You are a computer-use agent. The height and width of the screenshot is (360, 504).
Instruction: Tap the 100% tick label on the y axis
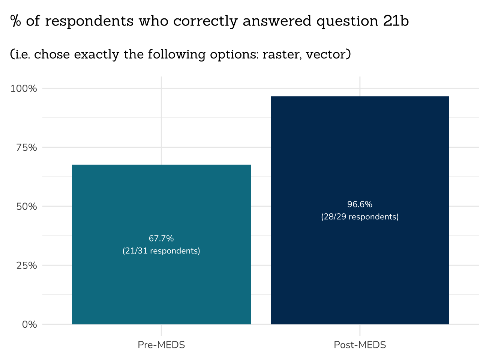(24, 88)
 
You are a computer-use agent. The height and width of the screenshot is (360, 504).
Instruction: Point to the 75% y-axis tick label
(26, 147)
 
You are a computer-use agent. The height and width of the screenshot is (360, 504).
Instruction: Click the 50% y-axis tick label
(26, 206)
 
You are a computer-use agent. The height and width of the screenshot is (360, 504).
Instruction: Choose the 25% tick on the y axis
(26, 265)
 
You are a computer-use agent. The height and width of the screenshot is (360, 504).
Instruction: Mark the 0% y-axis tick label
(29, 324)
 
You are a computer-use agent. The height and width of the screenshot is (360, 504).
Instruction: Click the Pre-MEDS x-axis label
(161, 345)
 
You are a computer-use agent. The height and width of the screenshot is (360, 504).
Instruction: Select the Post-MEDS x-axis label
(360, 345)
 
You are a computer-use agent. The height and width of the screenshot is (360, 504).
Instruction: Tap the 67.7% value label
(161, 238)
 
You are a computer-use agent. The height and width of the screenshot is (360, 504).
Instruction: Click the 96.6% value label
(360, 204)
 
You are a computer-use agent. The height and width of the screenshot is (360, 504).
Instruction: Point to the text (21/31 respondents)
(161, 251)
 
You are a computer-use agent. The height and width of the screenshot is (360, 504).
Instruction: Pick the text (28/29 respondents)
(360, 217)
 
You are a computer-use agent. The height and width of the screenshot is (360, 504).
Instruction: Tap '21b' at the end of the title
(396, 21)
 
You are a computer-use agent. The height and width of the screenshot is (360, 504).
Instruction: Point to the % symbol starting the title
(15, 21)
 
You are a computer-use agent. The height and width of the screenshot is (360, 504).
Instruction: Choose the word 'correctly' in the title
(205, 21)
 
